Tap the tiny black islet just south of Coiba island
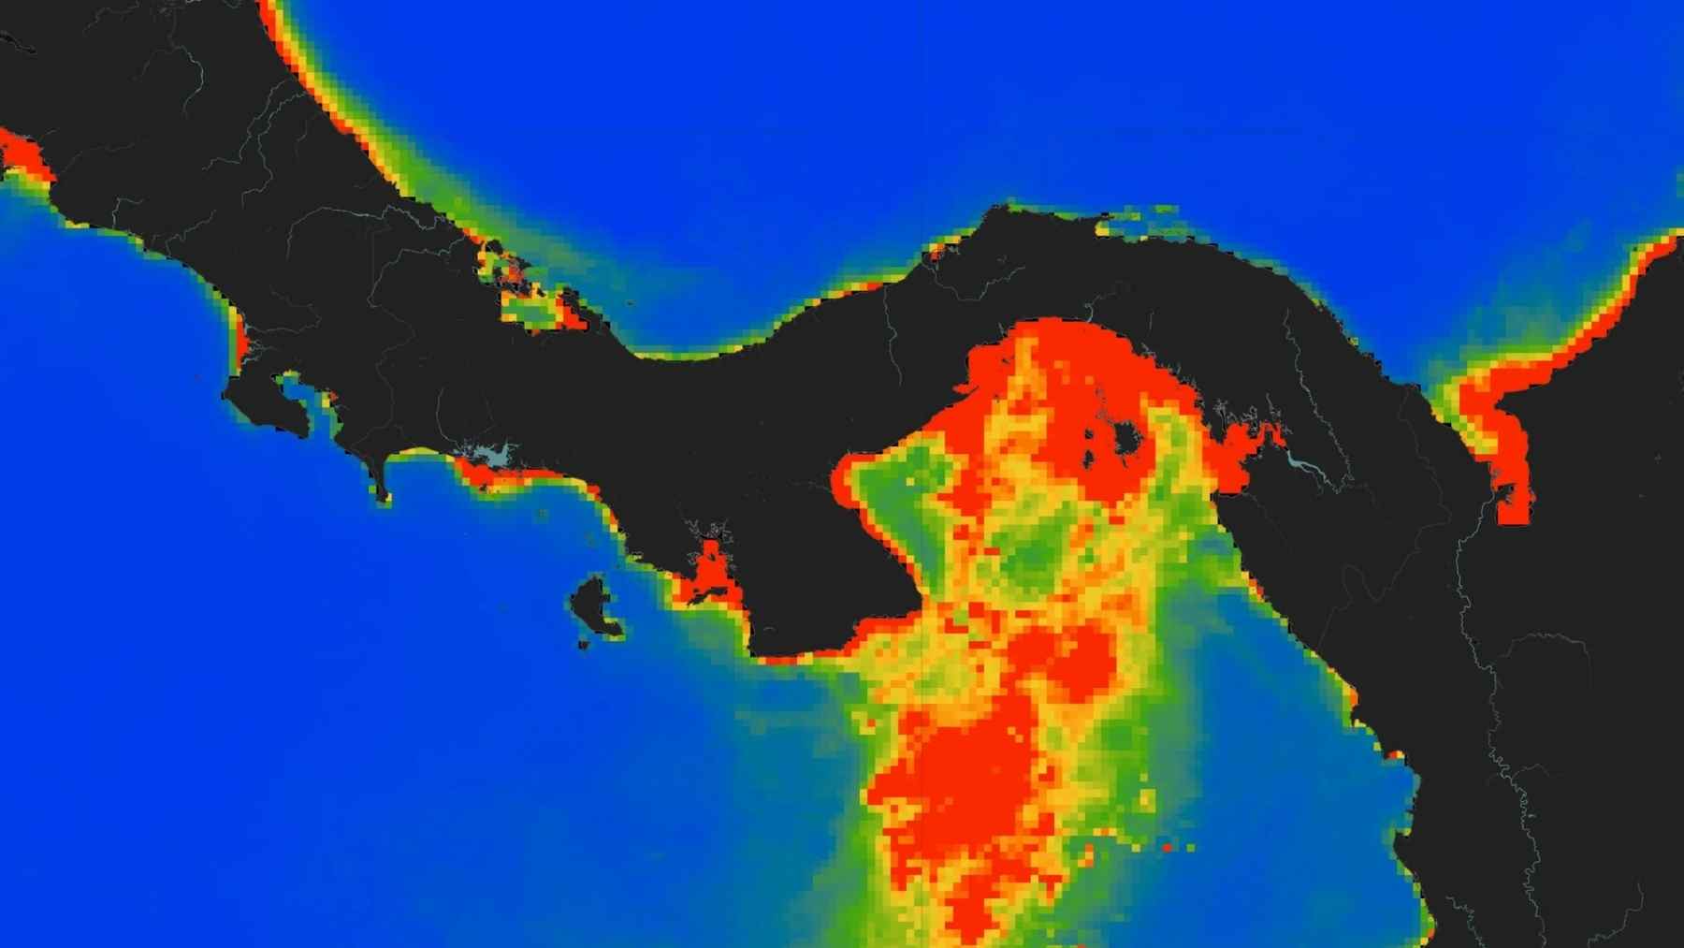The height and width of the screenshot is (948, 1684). point(584,645)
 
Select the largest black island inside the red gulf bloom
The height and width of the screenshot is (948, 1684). point(1125,437)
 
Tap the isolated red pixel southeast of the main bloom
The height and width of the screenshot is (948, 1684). point(1168,848)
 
